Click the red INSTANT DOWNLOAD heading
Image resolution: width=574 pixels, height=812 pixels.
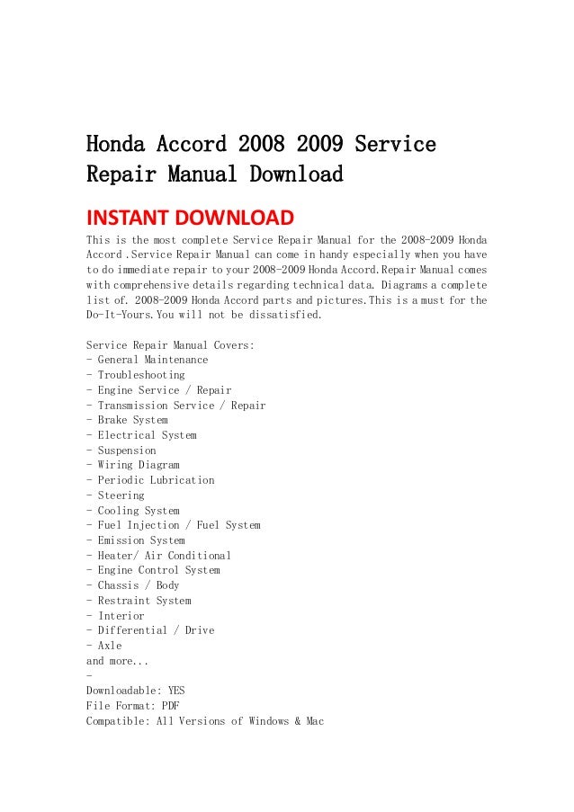pyautogui.click(x=189, y=218)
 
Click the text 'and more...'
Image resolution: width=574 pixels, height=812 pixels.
pyautogui.click(x=115, y=660)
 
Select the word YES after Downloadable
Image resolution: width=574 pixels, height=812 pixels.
pyautogui.click(x=176, y=691)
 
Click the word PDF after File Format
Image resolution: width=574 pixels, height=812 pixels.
pyautogui.click(x=170, y=706)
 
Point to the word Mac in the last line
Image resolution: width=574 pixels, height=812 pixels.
pyautogui.click(x=315, y=721)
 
